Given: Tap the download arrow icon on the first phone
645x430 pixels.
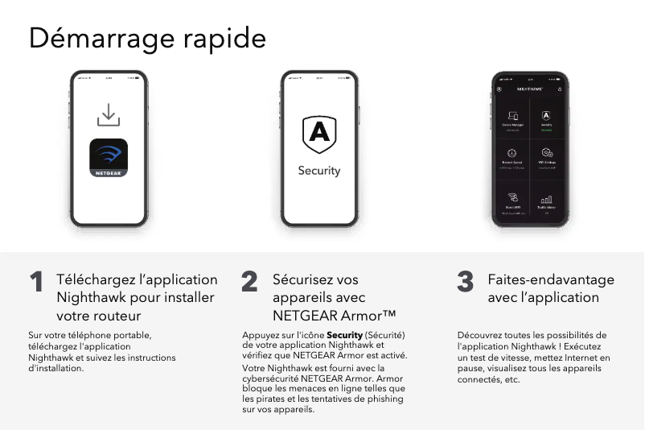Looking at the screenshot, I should click(109, 114).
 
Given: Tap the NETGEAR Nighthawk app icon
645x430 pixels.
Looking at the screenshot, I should click(109, 158).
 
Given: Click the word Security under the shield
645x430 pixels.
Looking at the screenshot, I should click(319, 171).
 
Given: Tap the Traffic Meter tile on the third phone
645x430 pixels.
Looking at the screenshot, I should click(547, 201).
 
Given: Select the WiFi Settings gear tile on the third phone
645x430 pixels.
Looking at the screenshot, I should click(547, 156).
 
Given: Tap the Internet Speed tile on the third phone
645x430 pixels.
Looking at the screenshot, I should click(513, 156).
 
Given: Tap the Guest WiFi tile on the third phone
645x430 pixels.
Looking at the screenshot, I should click(513, 201).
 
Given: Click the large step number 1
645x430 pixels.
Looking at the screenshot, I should click(36, 283).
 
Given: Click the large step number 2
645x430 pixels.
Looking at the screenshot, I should click(249, 283).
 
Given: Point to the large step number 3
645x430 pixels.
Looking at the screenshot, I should click(465, 283).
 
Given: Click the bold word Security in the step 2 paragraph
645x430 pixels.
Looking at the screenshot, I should click(344, 335).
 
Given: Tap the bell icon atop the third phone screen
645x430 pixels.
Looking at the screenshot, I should click(561, 89).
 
